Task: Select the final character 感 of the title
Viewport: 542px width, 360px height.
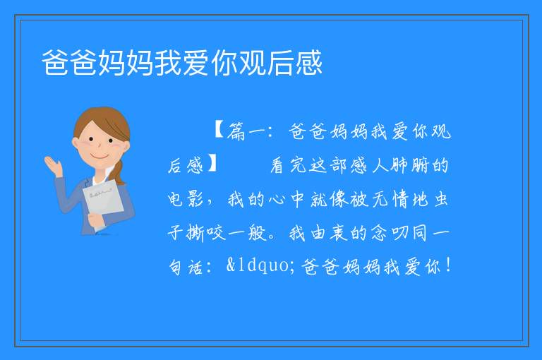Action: tap(308, 63)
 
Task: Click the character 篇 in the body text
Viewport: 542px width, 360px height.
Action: tap(236, 132)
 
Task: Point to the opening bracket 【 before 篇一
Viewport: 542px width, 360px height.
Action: tap(219, 131)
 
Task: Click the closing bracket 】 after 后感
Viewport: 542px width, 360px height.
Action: tap(212, 164)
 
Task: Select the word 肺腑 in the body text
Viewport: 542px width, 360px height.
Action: tap(410, 165)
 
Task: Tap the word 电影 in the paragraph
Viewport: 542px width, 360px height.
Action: tap(186, 199)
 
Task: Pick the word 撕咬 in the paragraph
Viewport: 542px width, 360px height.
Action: tap(206, 233)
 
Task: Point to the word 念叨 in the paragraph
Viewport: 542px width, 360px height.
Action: tap(390, 233)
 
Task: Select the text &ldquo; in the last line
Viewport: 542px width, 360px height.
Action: tap(260, 265)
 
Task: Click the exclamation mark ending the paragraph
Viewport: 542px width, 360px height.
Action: tap(449, 265)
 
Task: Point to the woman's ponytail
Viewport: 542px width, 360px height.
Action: tap(119, 172)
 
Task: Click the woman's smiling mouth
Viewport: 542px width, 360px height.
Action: tap(100, 157)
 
